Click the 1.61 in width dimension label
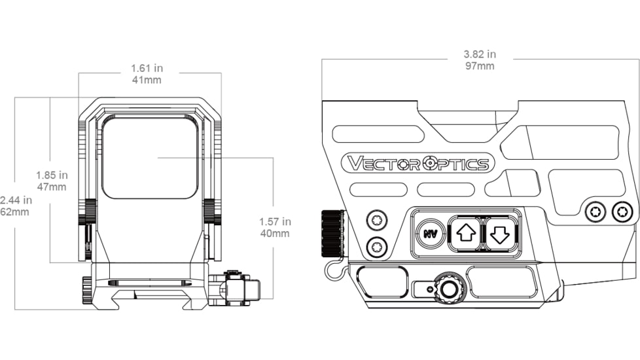(146, 67)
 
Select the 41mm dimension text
(146, 80)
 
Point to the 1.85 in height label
(52, 175)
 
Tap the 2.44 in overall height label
(15, 200)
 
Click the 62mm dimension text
(15, 212)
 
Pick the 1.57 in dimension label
(274, 222)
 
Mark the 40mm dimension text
(274, 234)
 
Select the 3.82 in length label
(480, 54)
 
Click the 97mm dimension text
(480, 66)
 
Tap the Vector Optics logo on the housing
(418, 163)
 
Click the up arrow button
(464, 233)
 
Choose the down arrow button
(501, 233)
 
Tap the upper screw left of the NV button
(376, 219)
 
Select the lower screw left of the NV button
(376, 247)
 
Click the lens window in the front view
(150, 157)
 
